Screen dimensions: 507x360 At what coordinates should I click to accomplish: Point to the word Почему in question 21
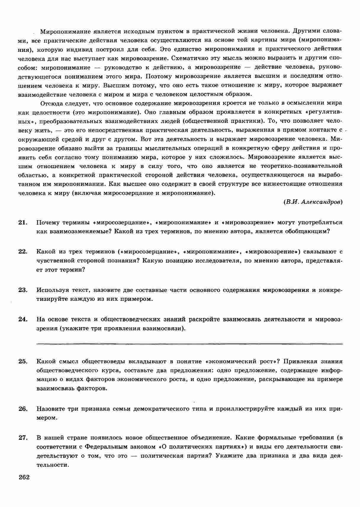(47, 222)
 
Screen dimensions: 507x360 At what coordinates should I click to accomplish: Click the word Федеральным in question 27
(103, 447)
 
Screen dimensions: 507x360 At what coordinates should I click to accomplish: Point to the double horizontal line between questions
(189, 344)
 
